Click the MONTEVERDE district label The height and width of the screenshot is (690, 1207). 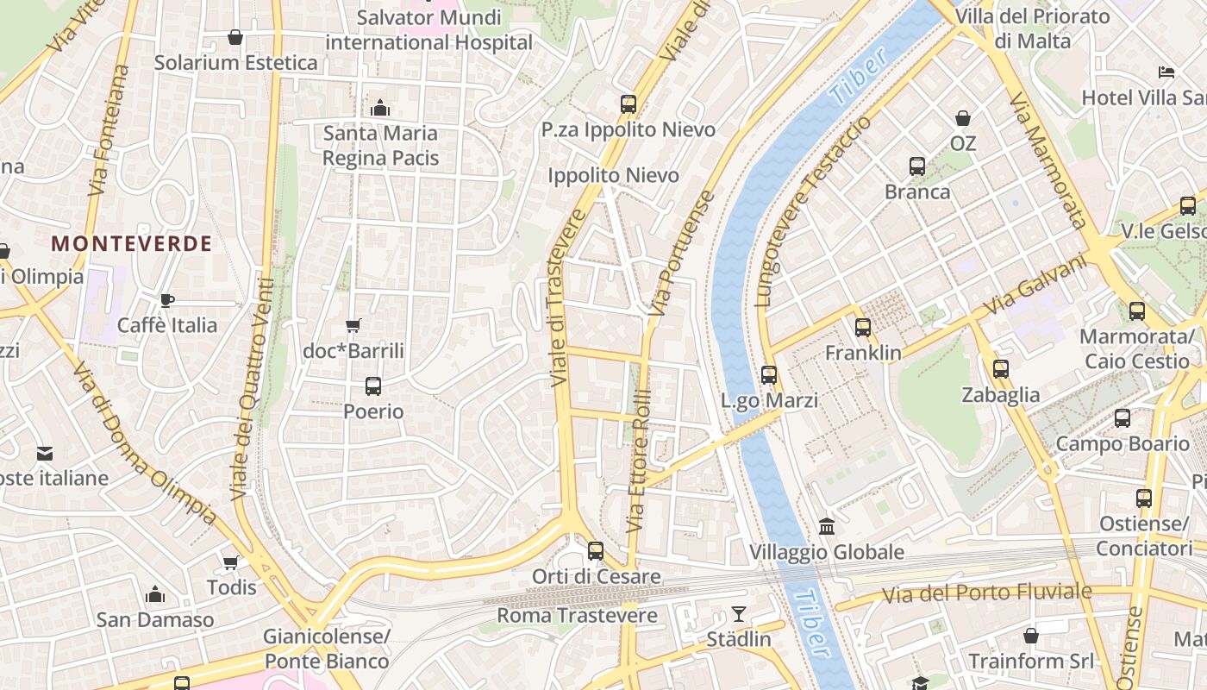pos(131,243)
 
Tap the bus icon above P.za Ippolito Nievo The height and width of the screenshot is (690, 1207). pos(629,104)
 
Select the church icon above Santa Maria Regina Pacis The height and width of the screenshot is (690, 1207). pos(379,108)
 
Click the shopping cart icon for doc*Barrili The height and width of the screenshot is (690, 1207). pos(353,325)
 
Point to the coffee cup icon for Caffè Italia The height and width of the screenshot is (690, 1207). pos(167,300)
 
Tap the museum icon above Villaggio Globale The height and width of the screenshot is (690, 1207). pos(827,526)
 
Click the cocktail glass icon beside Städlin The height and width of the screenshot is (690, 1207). pos(739,614)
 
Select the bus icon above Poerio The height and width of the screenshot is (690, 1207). pos(373,386)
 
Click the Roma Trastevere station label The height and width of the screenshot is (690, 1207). pos(577,616)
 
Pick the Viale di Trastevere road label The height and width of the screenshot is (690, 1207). pos(568,298)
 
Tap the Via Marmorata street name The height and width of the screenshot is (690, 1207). pos(1046,161)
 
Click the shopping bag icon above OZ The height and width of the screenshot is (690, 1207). pos(962,118)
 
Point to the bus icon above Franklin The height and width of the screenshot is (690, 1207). pos(863,328)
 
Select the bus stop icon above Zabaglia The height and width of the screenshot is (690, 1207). pos(1001,369)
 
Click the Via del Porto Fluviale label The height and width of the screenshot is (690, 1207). pos(987,593)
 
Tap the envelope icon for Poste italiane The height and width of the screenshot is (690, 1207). pos(45,453)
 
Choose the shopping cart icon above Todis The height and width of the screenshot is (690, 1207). pos(230,562)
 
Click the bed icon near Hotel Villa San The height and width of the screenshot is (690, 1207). pos(1166,72)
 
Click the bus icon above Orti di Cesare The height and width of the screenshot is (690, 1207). pos(596,551)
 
